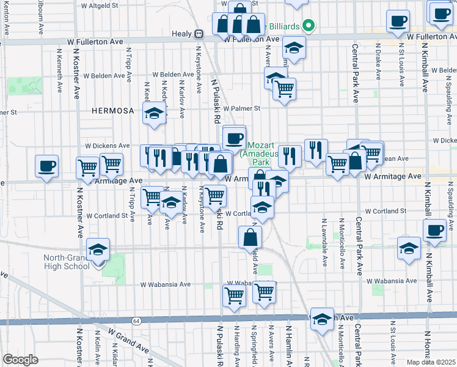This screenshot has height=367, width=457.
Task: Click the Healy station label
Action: [x=182, y=34]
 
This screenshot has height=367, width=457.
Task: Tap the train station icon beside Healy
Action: [x=199, y=34]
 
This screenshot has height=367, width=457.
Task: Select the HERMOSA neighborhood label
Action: [x=112, y=111]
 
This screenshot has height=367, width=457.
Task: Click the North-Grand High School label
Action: [x=67, y=261]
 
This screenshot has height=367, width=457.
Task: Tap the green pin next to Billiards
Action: [x=308, y=26]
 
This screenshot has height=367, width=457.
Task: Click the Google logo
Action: [x=20, y=360]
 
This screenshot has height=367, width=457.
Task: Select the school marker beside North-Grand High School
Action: [x=98, y=249]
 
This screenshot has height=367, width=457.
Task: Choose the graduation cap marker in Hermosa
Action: [x=155, y=113]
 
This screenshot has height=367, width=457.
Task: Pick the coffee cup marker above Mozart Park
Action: [x=234, y=136]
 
